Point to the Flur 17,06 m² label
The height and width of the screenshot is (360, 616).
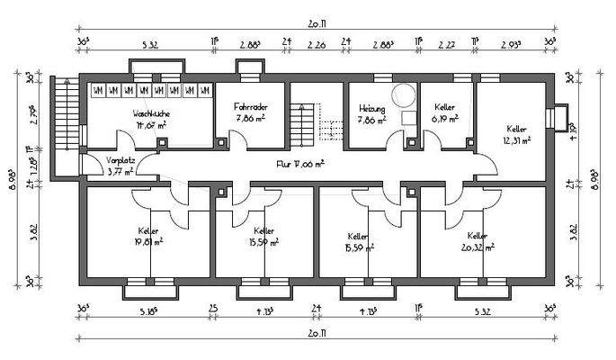coord(299,165)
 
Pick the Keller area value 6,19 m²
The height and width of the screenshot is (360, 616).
coord(444,118)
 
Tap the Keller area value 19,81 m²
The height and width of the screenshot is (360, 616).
coord(147,241)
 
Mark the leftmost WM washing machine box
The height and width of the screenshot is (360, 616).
coord(97,90)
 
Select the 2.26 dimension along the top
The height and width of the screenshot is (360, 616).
coord(317,42)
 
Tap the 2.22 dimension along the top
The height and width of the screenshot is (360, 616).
coord(445,42)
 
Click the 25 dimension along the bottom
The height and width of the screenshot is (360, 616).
coord(213,310)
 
